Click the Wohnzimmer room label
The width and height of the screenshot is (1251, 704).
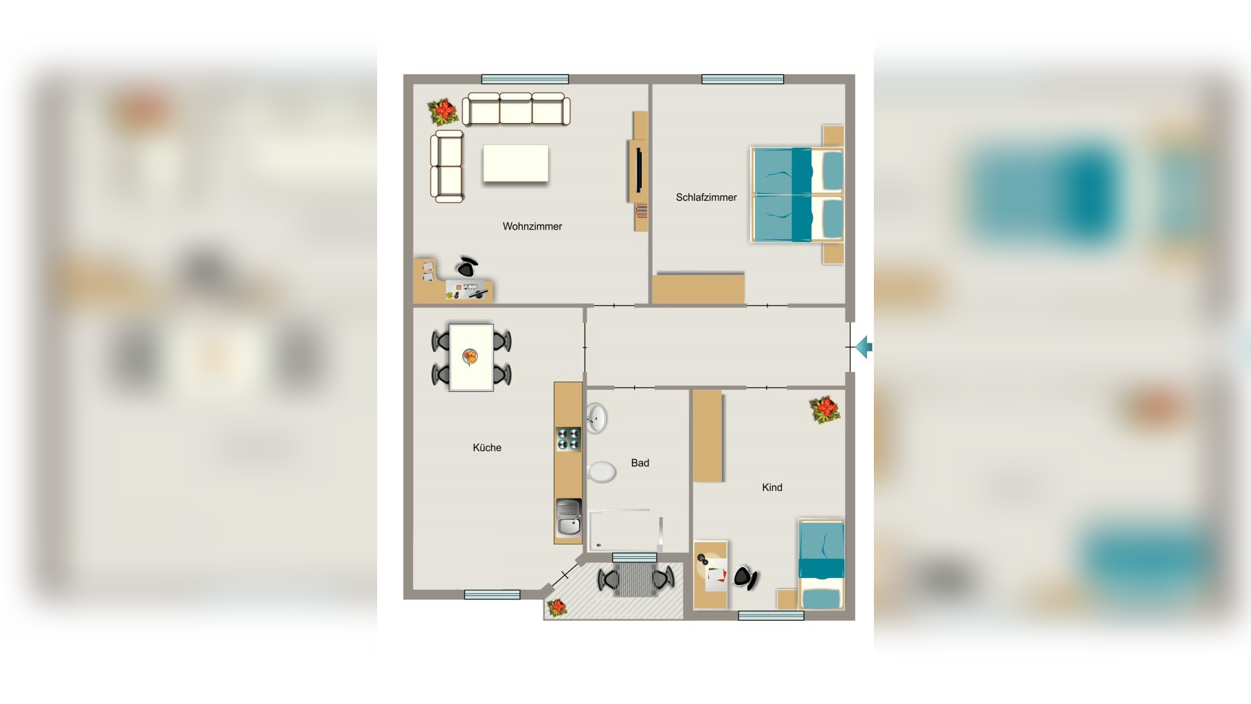(x=532, y=226)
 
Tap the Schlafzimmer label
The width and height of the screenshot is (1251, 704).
(x=706, y=197)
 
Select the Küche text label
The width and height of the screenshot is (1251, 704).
(x=487, y=448)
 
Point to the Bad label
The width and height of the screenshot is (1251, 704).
(x=640, y=463)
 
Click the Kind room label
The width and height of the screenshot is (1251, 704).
(x=772, y=487)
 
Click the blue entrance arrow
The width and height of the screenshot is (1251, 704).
(x=864, y=347)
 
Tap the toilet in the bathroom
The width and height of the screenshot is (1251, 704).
(x=601, y=472)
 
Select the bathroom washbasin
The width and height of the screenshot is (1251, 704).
(x=596, y=418)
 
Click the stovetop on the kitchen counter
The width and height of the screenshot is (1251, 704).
(x=568, y=439)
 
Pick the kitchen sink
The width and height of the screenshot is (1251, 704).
(x=568, y=518)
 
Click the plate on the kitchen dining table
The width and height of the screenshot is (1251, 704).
(x=470, y=357)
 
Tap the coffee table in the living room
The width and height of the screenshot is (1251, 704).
(x=515, y=163)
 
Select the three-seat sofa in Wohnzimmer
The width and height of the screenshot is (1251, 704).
(x=516, y=109)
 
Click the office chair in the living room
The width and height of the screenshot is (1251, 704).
(x=467, y=266)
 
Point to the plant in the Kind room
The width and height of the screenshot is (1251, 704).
(x=825, y=409)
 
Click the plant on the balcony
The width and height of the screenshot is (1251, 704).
(x=557, y=607)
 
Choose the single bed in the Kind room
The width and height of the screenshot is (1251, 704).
(x=822, y=564)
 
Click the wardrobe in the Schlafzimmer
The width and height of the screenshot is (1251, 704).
(x=698, y=289)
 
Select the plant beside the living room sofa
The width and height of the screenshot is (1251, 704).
(x=443, y=111)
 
